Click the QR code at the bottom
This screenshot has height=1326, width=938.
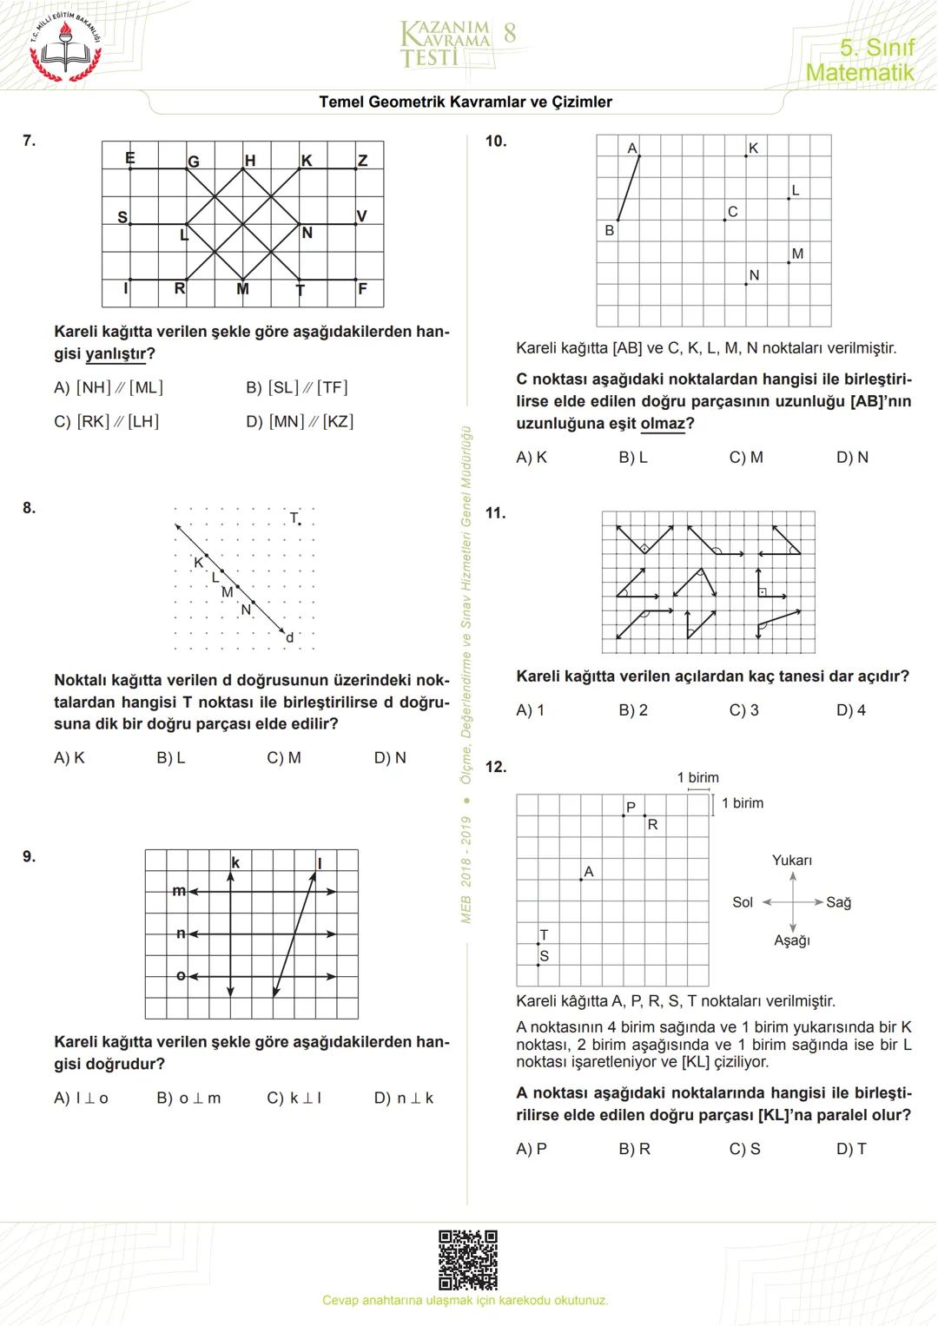[467, 1259]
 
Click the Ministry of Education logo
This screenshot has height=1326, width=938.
[65, 48]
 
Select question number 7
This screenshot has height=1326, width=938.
[30, 141]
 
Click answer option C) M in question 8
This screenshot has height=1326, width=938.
[284, 758]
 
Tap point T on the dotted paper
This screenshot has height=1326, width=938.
[300, 524]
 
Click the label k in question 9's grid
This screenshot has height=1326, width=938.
[235, 862]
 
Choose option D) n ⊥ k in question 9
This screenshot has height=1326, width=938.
[404, 1098]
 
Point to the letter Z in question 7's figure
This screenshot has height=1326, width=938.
[363, 161]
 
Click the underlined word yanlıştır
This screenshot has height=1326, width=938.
[116, 354]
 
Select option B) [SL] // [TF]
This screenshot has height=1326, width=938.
[296, 388]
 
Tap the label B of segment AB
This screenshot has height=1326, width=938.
[610, 231]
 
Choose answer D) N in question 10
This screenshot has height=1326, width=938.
[852, 458]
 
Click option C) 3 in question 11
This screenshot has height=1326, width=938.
[743, 710]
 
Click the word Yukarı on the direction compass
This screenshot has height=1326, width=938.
[791, 861]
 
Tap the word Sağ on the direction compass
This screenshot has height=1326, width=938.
[838, 903]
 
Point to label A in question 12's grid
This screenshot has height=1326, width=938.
[589, 872]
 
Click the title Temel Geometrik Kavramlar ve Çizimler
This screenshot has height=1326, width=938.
[466, 102]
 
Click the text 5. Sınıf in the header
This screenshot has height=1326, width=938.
[876, 48]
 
